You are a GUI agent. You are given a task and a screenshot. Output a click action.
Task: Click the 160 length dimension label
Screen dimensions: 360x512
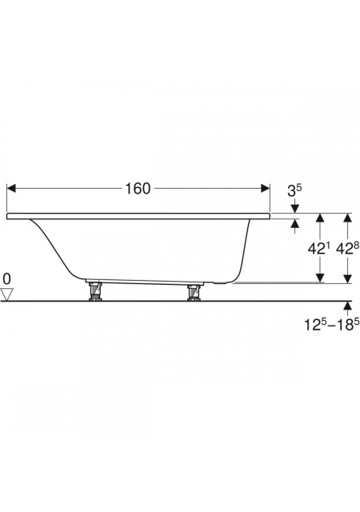click(x=138, y=189)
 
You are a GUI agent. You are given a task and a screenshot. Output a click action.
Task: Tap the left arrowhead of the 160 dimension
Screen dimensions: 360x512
click(x=11, y=189)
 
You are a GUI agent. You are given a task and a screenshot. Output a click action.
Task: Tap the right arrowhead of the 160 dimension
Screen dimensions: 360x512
click(x=266, y=189)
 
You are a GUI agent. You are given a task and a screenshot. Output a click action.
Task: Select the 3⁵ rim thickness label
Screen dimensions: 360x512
click(x=294, y=190)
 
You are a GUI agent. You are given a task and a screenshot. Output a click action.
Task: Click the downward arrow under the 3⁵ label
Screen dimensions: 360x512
click(x=295, y=206)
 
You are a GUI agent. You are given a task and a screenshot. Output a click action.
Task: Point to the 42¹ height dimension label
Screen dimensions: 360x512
click(x=318, y=249)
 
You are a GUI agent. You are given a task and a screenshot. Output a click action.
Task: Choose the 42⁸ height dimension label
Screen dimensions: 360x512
click(x=347, y=249)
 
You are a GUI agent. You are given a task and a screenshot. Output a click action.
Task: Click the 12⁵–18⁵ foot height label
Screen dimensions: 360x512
click(x=330, y=325)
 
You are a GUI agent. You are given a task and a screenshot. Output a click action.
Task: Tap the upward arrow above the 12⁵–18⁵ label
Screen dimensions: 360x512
click(x=348, y=309)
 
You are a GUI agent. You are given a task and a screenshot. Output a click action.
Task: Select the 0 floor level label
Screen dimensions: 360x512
click(x=7, y=279)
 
